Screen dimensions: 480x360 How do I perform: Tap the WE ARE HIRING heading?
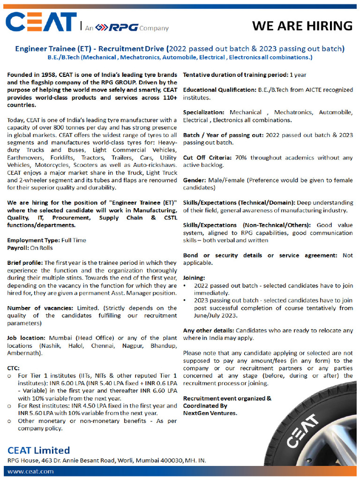tap(302, 25)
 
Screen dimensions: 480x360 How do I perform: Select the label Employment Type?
tap(32, 240)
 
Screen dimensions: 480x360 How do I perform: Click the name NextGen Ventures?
tap(210, 413)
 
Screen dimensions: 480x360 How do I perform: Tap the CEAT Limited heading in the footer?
tap(38, 450)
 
